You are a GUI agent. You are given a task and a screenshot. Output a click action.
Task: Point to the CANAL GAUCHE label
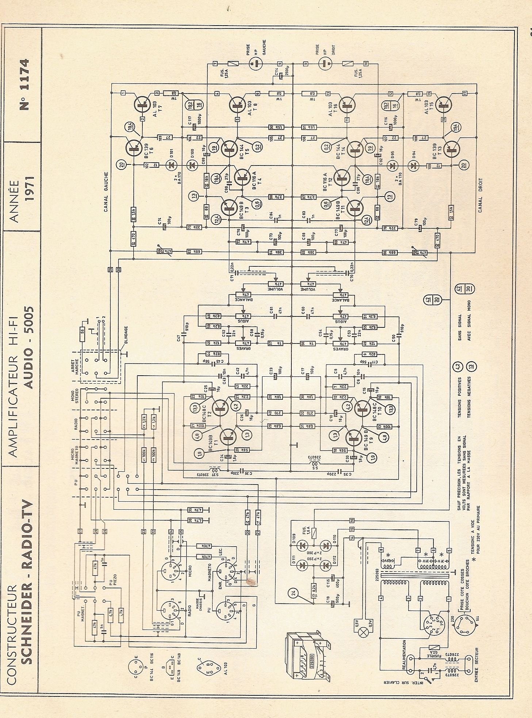point(106,192)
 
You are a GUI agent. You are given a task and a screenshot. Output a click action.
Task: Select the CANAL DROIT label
point(480,195)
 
